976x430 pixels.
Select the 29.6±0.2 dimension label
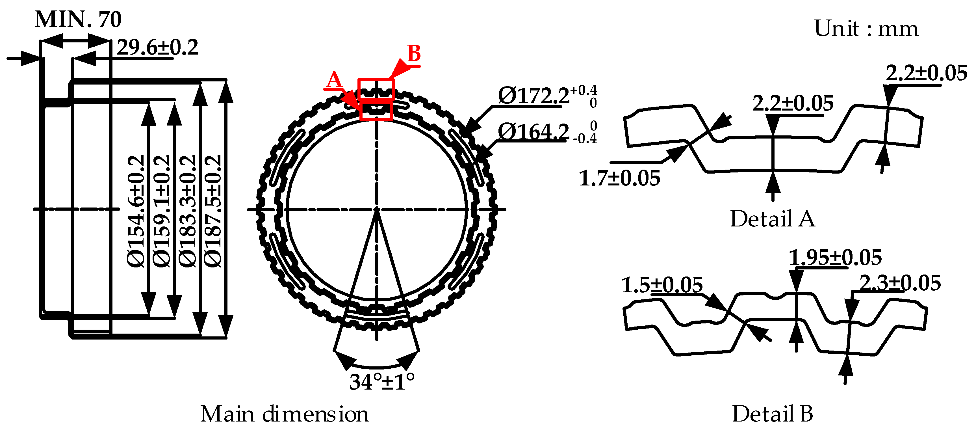coord(157,48)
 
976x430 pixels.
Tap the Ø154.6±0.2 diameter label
coord(136,211)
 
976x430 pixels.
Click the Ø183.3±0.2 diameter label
coord(188,211)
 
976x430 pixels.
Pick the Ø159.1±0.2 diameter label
coord(162,211)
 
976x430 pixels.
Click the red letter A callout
coord(334,80)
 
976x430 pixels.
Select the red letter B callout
coord(414,53)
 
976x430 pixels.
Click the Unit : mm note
coord(866,29)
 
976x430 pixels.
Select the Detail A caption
coord(772,219)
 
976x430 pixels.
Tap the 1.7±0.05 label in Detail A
coord(619,178)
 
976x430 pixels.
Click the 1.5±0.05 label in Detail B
coord(662,285)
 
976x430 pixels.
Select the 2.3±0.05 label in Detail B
coord(900,283)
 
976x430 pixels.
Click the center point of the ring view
coord(377,209)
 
